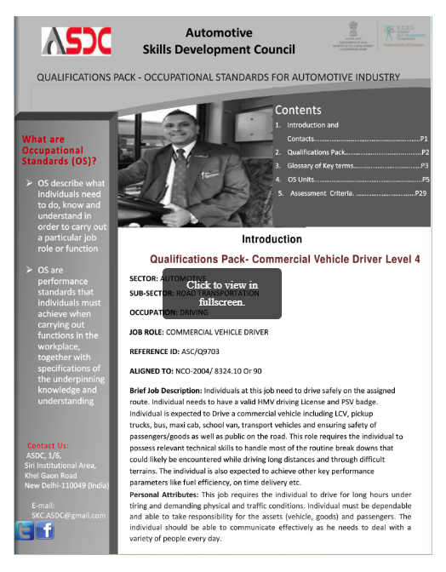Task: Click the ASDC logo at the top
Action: (74, 41)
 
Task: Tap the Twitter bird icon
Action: (24, 530)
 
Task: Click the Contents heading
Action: (298, 110)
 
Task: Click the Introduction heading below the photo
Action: (272, 239)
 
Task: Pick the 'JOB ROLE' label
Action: (146, 331)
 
